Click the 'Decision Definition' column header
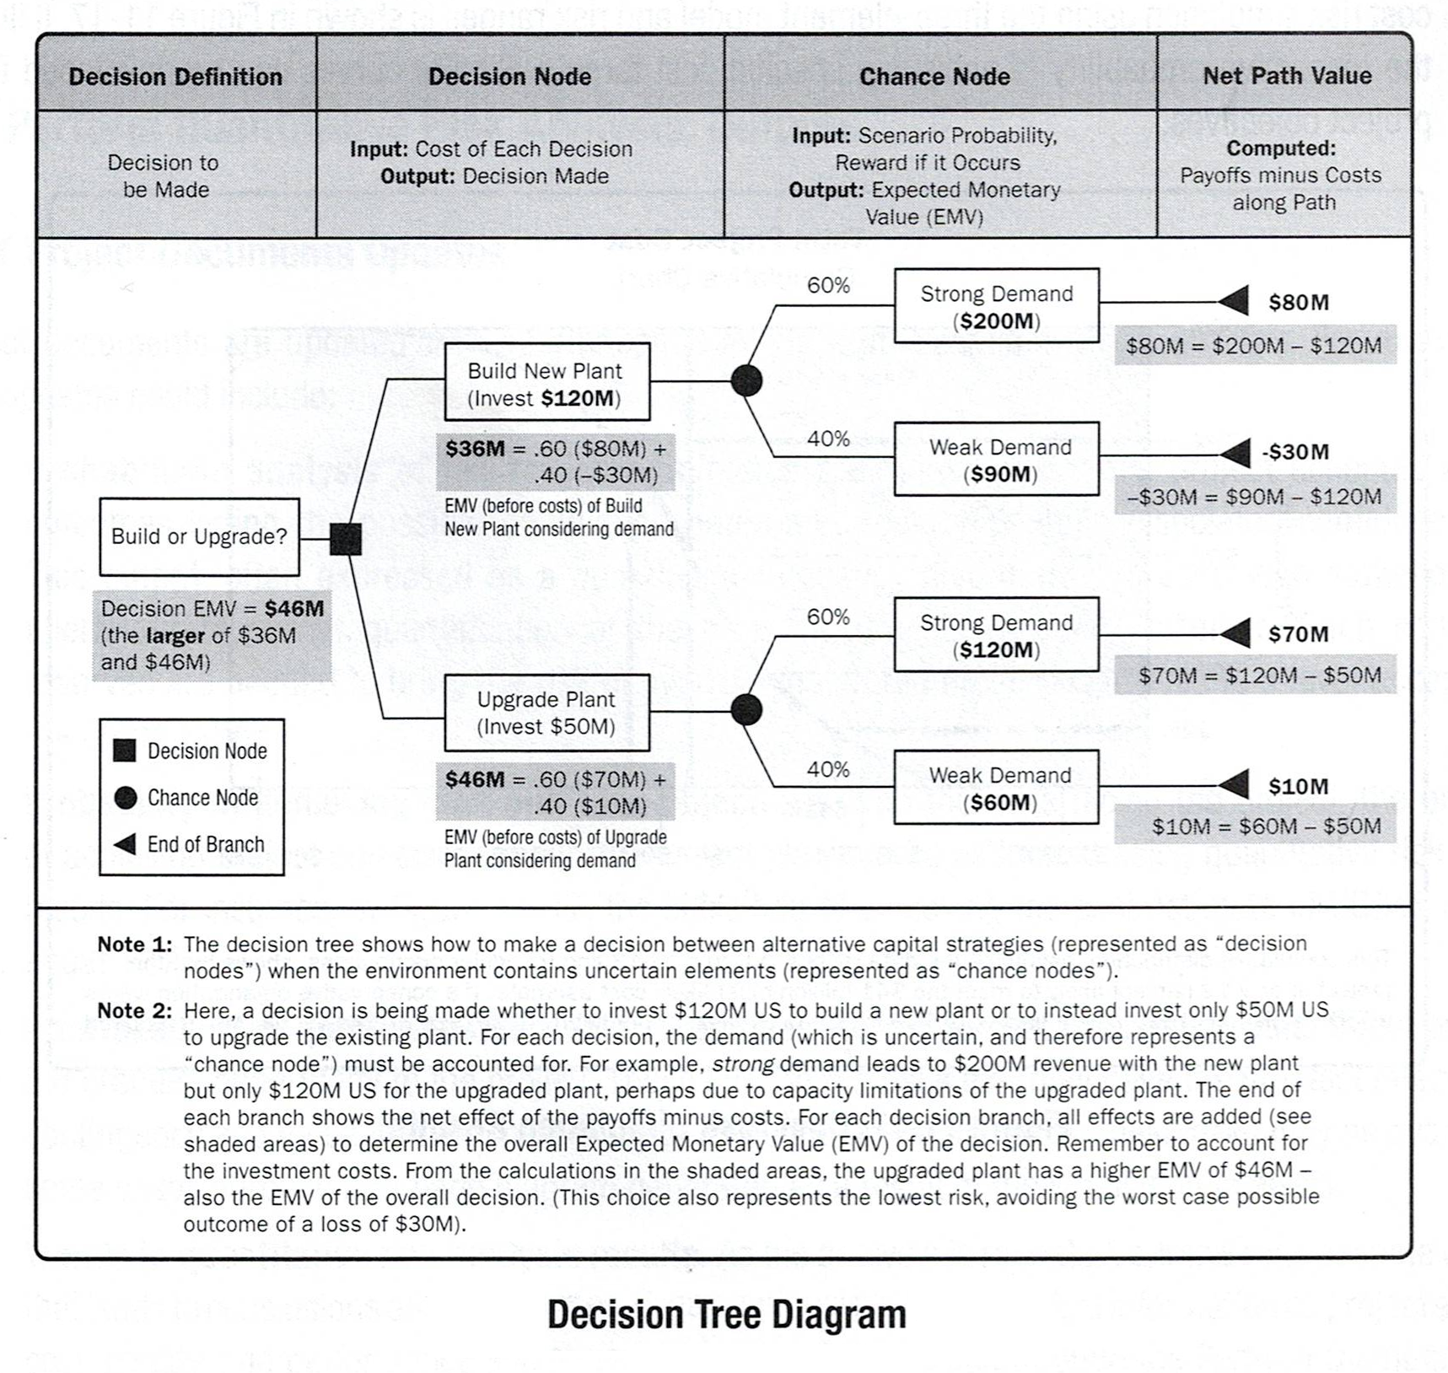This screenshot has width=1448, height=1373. point(175,77)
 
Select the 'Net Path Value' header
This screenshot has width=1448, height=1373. point(1287,76)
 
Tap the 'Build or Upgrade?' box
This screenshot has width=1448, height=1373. point(199,537)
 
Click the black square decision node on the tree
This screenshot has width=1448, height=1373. point(346,539)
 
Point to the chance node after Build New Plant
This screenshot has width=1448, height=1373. point(746,380)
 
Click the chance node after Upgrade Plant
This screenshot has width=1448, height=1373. point(746,710)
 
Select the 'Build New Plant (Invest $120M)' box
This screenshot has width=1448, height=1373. point(547,381)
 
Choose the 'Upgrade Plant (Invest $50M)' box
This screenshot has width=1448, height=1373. point(547,713)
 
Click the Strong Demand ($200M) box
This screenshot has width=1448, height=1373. point(997,305)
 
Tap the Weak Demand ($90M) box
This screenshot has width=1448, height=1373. point(997,459)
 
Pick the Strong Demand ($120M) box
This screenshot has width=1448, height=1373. point(997,634)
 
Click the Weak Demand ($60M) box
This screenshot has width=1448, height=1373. point(997,787)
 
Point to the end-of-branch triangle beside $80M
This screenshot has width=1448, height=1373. point(1235,301)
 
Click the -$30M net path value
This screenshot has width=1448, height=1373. point(1295,452)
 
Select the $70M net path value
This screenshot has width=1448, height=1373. point(1299,634)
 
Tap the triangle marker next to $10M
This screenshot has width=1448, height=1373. point(1235,784)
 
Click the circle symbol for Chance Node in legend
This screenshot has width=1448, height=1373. point(126,798)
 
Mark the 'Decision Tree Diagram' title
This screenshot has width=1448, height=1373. point(727,1315)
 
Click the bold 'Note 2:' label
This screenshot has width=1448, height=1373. point(135,1010)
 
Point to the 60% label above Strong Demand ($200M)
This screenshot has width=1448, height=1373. point(828,285)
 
